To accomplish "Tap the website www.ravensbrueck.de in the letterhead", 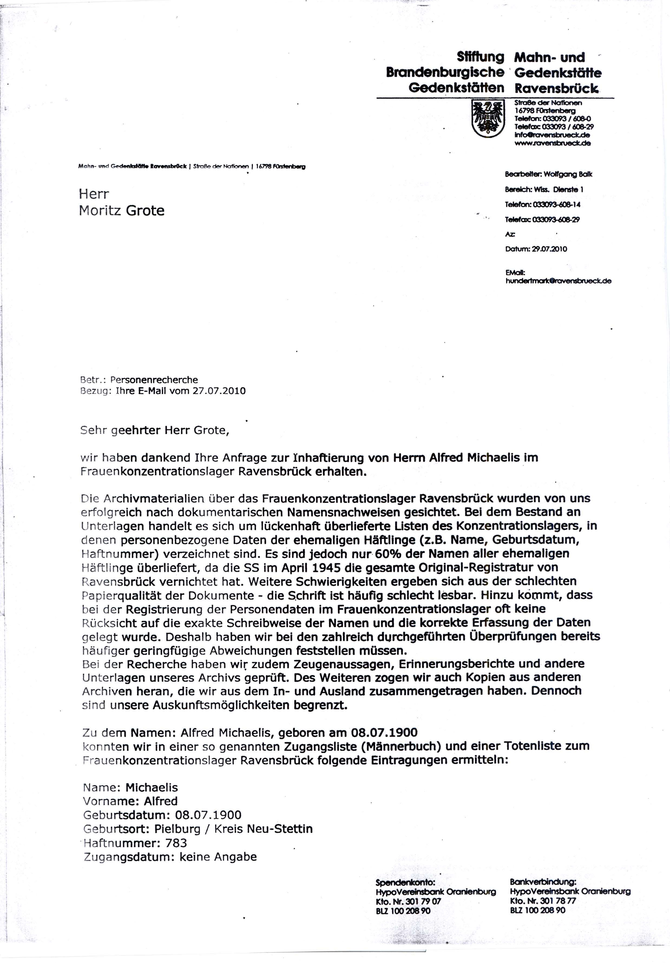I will tap(553, 143).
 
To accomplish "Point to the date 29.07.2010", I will tap(550, 249).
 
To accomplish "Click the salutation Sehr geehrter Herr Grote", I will tap(155, 430).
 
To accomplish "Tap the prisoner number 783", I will tap(176, 843).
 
